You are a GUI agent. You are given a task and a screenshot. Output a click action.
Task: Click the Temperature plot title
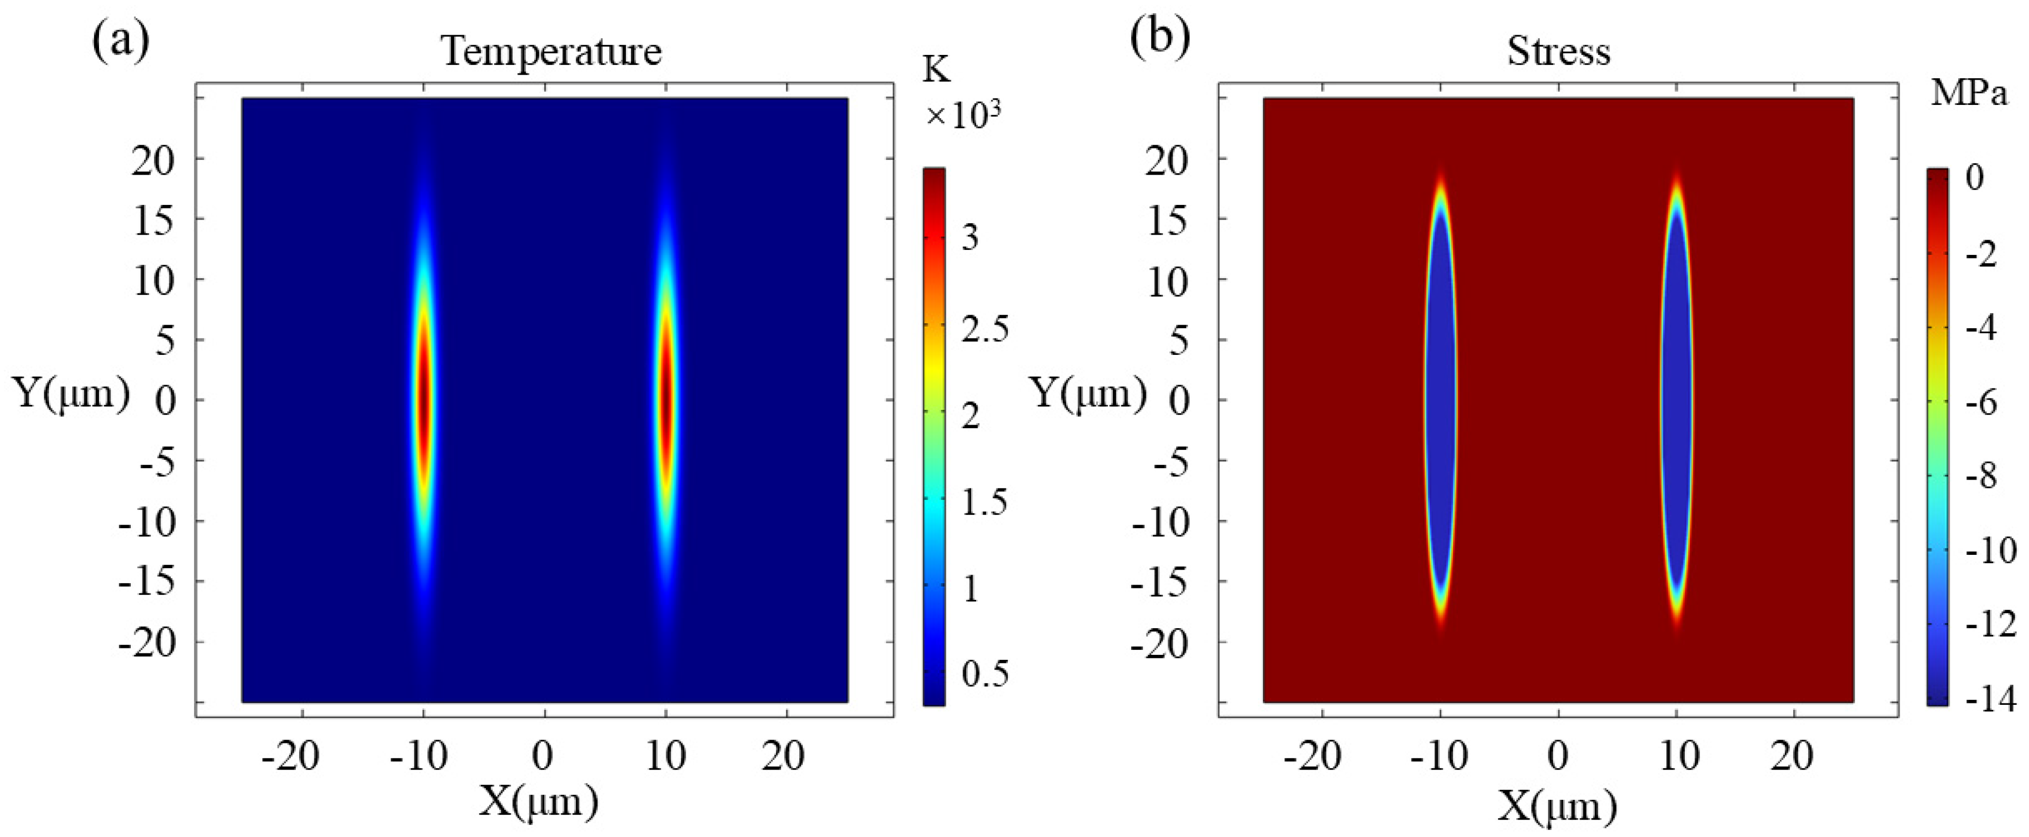[551, 52]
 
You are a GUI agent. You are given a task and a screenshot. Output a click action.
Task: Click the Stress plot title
[1558, 52]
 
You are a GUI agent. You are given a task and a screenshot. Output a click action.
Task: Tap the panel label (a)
[120, 41]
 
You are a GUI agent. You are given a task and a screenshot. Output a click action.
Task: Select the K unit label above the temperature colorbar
[936, 71]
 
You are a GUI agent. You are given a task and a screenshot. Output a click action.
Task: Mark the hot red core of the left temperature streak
[424, 397]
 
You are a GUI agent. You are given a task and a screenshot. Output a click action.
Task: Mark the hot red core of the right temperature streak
[667, 397]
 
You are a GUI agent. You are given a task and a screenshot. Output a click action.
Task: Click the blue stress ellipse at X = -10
[1441, 397]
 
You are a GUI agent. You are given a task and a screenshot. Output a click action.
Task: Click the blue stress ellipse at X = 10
[1677, 397]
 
